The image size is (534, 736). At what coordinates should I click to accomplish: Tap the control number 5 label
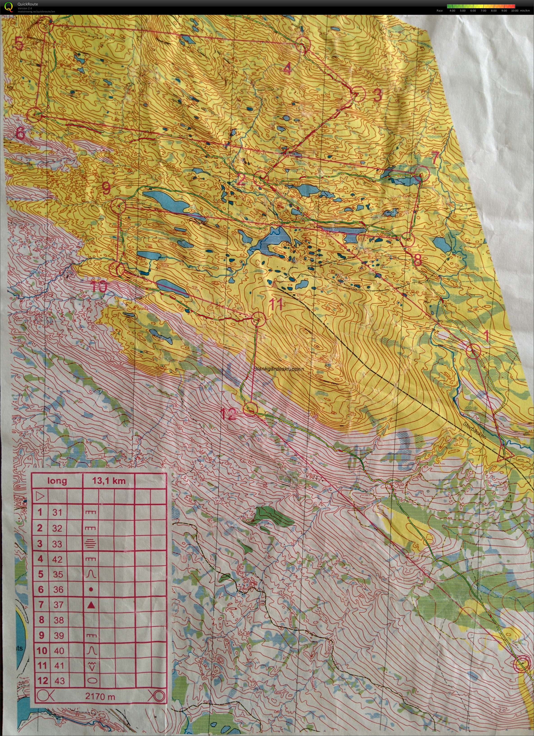(19, 43)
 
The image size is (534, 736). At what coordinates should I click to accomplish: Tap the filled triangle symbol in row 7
(91, 605)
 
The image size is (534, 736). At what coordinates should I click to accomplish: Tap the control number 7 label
(435, 157)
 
